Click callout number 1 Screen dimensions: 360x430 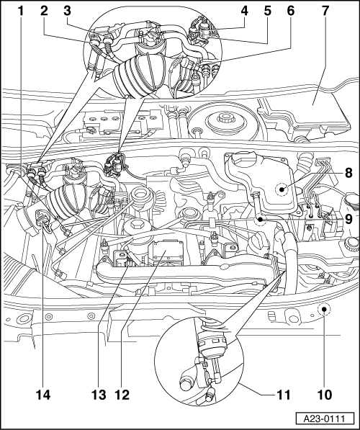pos(21,12)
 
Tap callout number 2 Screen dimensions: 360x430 pos(44,12)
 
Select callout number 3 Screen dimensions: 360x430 pos(67,12)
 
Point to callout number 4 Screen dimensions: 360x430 pos(245,12)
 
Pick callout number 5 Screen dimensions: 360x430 pos(268,12)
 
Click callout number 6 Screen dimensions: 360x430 pos(291,12)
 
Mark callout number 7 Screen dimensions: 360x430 pos(325,12)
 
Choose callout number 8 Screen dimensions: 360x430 pos(348,173)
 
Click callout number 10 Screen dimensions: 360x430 pos(325,395)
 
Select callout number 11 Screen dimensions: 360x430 pos(283,395)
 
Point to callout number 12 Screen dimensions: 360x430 pos(122,395)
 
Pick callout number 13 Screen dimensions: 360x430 pos(99,395)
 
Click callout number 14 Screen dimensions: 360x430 pos(42,395)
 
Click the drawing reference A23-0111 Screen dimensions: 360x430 pos(325,419)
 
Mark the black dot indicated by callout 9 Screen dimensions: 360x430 pos(260,220)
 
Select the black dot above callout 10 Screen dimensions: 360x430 pos(324,309)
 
